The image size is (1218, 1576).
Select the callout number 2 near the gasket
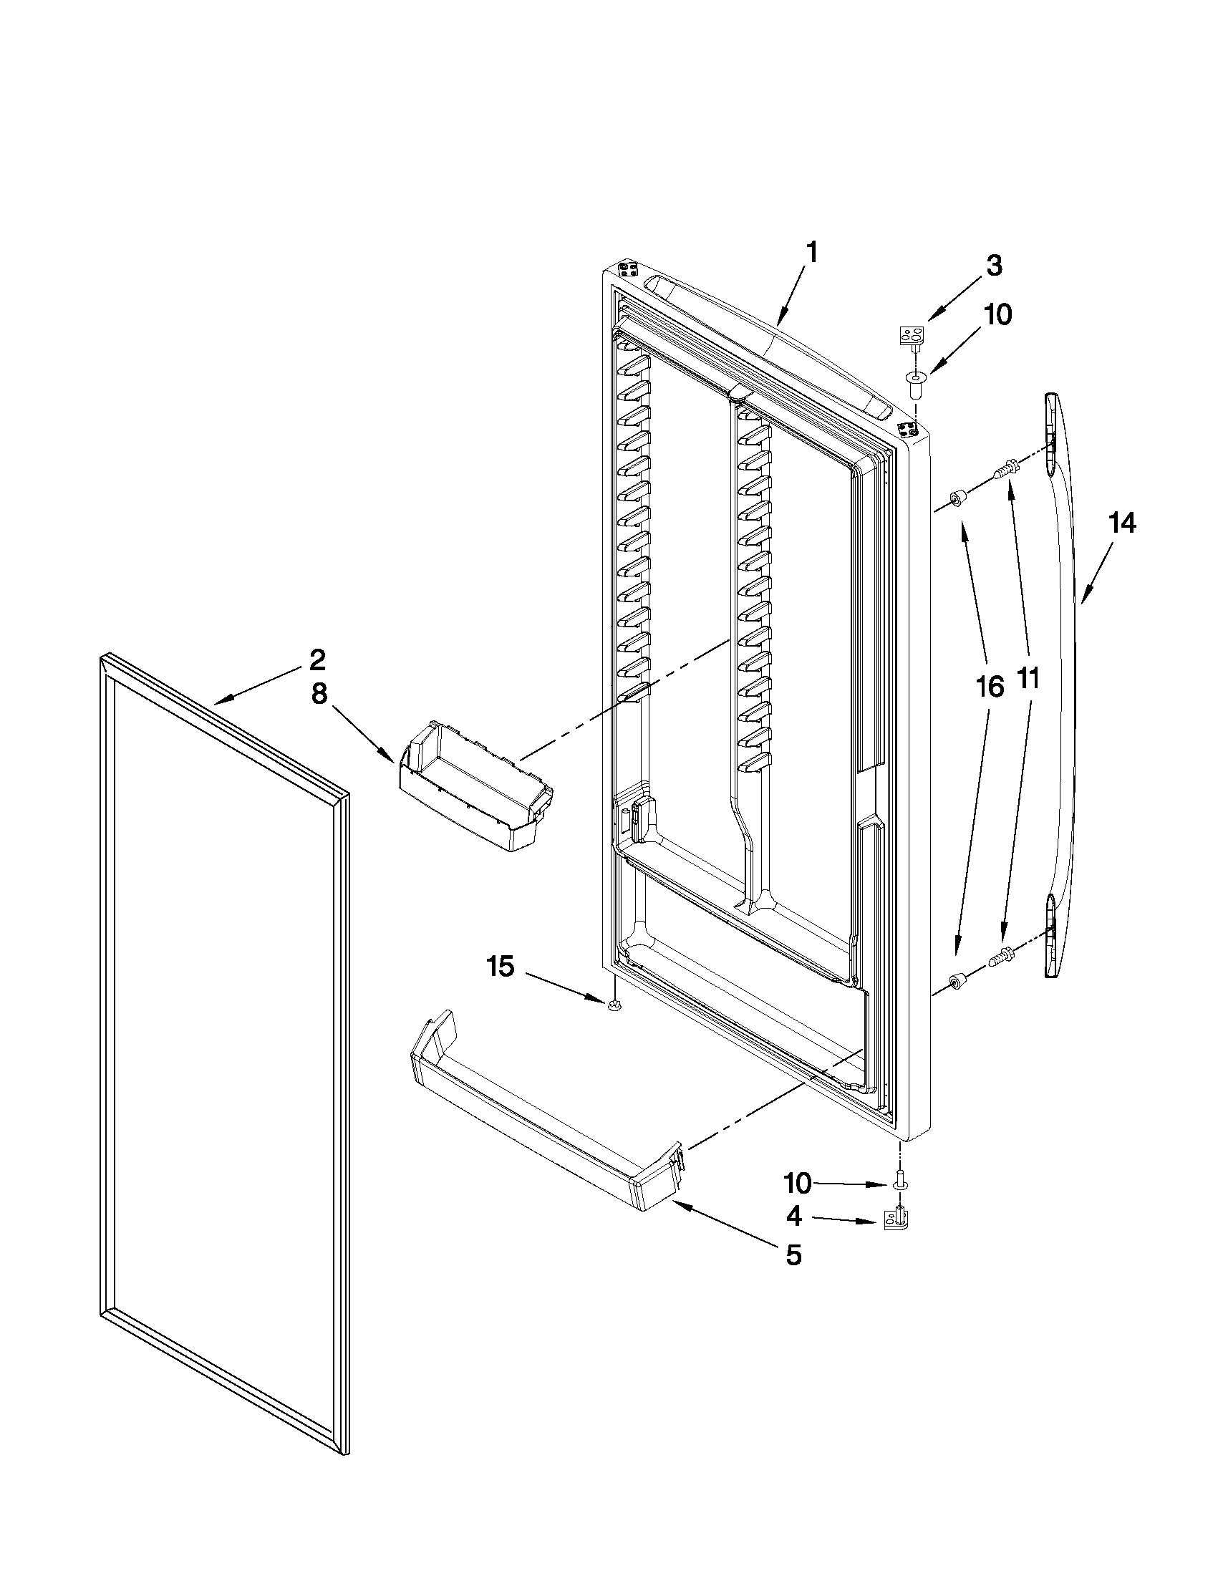click(317, 659)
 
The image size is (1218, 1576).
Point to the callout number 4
click(793, 1217)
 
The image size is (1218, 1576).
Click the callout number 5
click(793, 1256)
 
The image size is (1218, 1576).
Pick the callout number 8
click(319, 694)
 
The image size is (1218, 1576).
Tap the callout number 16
click(990, 687)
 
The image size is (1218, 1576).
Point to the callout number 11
click(1028, 678)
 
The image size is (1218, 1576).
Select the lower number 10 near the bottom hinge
click(798, 1184)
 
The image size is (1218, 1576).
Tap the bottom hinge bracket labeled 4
click(898, 1219)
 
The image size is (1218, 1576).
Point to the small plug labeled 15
click(614, 1005)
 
